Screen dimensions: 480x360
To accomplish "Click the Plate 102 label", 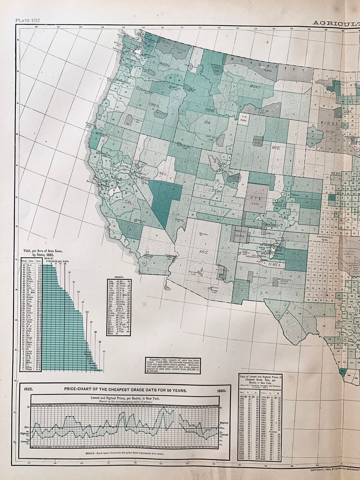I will tap(27, 20).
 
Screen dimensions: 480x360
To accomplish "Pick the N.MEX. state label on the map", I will tap(275, 265).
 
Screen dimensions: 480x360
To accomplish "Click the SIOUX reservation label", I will tap(327, 124).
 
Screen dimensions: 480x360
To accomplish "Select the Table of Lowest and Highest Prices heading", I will tap(261, 377).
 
